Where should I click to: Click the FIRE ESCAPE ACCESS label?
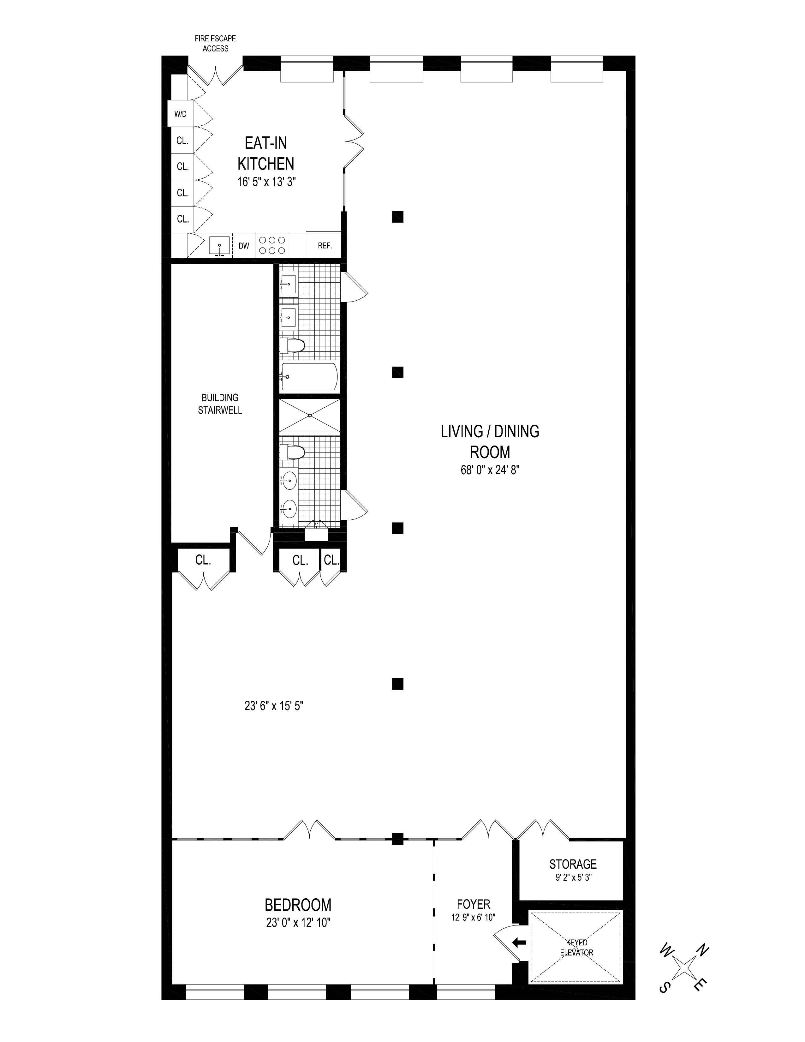(215, 44)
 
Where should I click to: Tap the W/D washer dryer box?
(180, 114)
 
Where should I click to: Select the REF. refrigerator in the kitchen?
(325, 246)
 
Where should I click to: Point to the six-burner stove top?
(272, 245)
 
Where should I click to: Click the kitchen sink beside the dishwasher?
(219, 246)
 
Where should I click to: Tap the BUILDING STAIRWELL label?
(220, 404)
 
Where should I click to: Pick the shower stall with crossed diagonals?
(309, 416)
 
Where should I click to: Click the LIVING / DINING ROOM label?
(490, 441)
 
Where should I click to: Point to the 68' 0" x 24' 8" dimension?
(490, 470)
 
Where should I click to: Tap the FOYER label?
(473, 904)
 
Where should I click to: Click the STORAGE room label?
(573, 864)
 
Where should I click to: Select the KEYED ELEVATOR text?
(576, 948)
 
